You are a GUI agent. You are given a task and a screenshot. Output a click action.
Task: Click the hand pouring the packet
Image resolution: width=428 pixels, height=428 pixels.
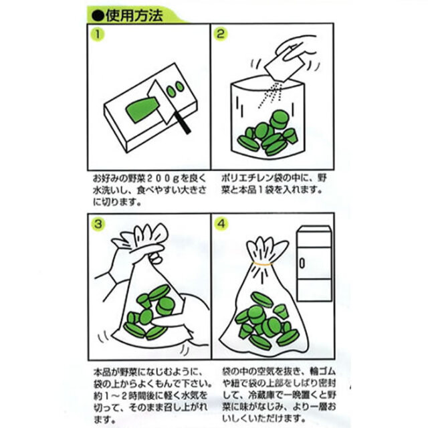[x=298, y=50]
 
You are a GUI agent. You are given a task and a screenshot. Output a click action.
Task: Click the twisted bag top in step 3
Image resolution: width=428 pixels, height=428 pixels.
[x=144, y=237]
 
